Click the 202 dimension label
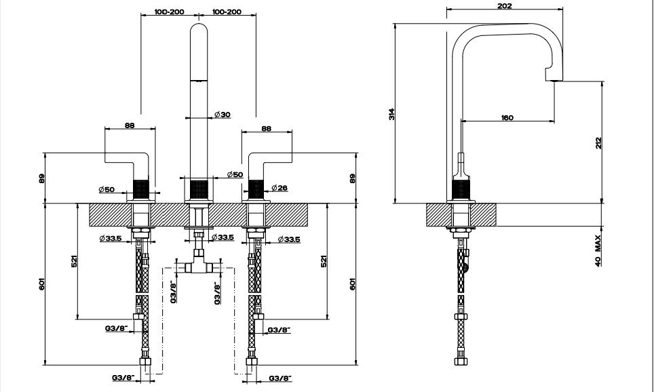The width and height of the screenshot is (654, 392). pyautogui.click(x=504, y=6)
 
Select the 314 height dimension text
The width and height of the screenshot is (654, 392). pyautogui.click(x=391, y=114)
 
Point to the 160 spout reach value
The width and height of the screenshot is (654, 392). pyautogui.click(x=507, y=117)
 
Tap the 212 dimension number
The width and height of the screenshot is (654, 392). pyautogui.click(x=599, y=143)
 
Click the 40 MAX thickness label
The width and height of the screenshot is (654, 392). pyautogui.click(x=598, y=251)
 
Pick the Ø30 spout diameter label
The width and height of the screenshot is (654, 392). pyautogui.click(x=223, y=114)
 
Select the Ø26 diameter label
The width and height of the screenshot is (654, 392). pyautogui.click(x=280, y=188)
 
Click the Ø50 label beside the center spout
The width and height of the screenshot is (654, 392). pyautogui.click(x=235, y=174)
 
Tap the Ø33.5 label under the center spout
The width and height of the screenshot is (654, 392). pyautogui.click(x=223, y=237)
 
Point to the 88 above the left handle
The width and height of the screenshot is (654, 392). pyautogui.click(x=130, y=125)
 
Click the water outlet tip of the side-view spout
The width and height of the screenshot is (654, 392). pyautogui.click(x=555, y=79)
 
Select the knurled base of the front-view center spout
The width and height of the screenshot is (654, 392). pyautogui.click(x=199, y=189)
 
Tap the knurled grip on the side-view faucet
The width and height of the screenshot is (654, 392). pyautogui.click(x=461, y=190)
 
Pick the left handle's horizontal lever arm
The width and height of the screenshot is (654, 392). pyautogui.click(x=126, y=157)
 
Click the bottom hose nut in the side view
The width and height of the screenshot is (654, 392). pyautogui.click(x=461, y=361)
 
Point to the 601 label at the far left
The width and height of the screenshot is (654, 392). pyautogui.click(x=42, y=284)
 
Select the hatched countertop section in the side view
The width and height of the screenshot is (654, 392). pyautogui.click(x=461, y=215)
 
